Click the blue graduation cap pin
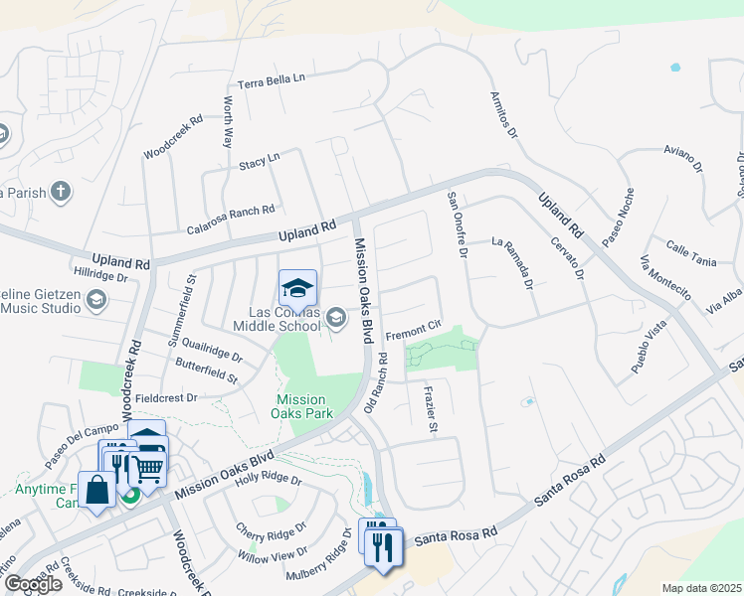(x=297, y=289)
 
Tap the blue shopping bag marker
(x=97, y=491)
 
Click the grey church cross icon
(x=61, y=192)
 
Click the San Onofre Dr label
(x=457, y=224)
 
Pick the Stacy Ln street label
(x=260, y=160)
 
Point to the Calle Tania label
(x=691, y=254)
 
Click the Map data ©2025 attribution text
(x=701, y=587)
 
